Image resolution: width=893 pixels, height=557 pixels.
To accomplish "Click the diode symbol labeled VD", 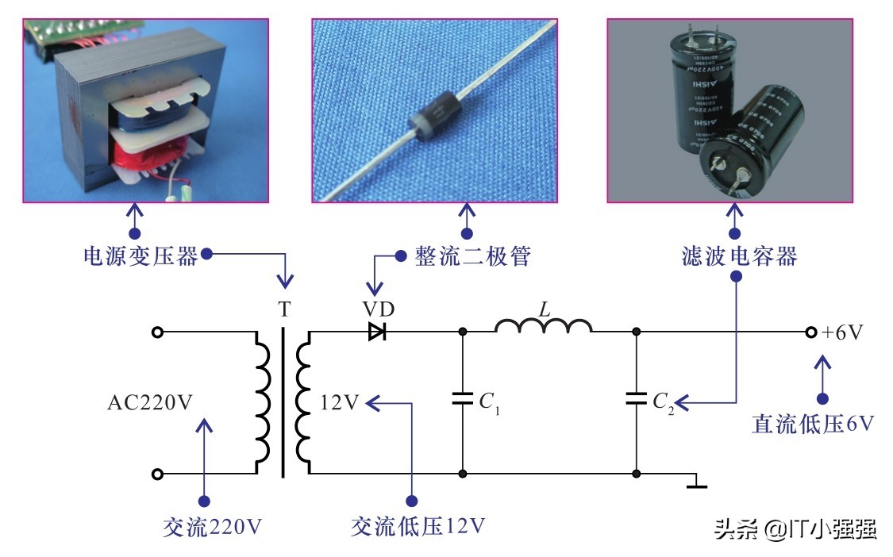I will [x=377, y=332].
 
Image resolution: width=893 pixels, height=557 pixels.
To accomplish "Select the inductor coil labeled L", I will [x=544, y=325].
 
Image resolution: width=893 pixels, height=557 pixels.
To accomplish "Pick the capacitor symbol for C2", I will [x=636, y=399].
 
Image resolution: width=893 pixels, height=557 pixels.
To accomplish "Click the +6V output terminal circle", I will [x=811, y=332].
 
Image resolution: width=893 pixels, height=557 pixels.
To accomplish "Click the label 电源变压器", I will [x=140, y=256].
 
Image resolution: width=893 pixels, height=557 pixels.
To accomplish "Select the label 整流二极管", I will [x=472, y=256].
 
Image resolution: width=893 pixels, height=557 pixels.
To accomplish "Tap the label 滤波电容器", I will [x=739, y=256].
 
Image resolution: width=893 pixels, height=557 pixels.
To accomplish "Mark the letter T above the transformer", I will [x=284, y=310].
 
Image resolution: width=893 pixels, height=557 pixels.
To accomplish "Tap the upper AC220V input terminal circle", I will [x=157, y=332].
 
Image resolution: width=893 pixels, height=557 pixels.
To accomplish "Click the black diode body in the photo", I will [x=429, y=120].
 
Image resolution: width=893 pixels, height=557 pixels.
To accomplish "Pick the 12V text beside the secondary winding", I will [x=341, y=403].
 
